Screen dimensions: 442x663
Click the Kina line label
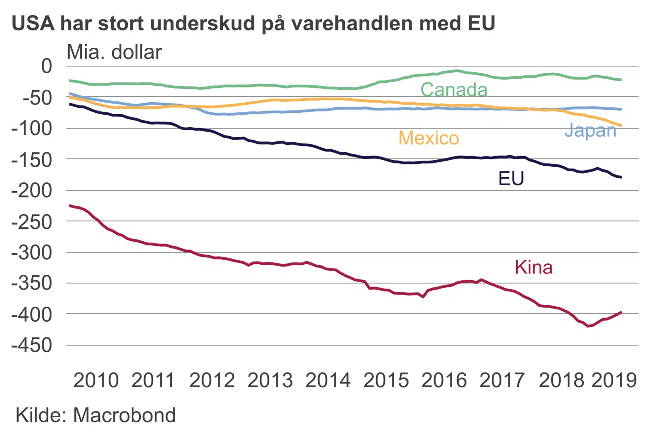(534, 268)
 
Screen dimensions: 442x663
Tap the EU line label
(511, 179)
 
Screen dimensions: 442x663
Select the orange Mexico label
(429, 138)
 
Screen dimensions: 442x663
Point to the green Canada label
(454, 90)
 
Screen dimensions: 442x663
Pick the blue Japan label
(590, 131)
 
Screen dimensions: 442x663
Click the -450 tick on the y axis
(32, 345)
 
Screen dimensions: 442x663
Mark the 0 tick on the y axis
(47, 66)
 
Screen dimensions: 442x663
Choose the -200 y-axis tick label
(32, 191)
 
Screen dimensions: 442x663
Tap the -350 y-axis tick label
(32, 284)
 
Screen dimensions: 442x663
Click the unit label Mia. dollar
(114, 52)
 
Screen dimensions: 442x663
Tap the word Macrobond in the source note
(124, 415)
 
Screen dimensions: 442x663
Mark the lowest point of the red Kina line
(588, 326)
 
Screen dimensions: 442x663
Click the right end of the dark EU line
(621, 177)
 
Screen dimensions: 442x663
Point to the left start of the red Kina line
(70, 205)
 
